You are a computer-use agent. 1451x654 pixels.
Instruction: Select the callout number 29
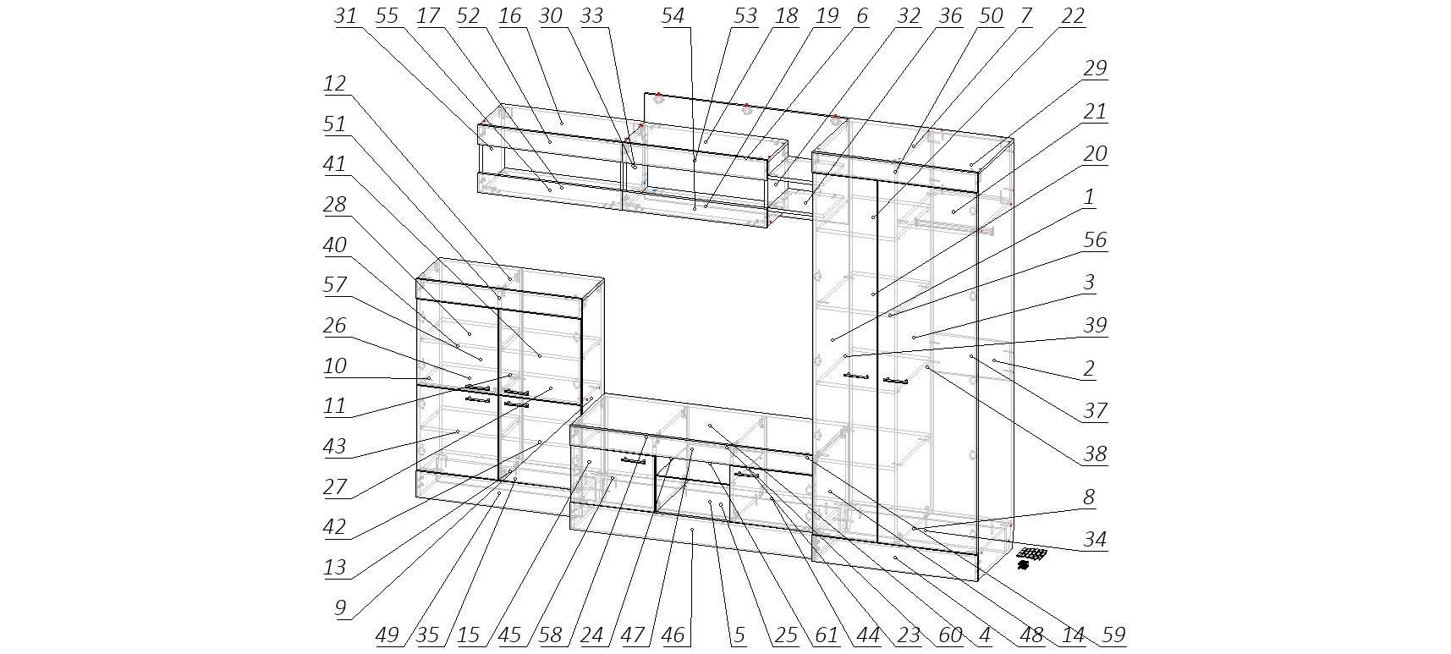[1095, 69]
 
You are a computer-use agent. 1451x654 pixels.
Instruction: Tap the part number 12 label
[335, 84]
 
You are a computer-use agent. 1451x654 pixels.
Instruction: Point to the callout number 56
[1095, 240]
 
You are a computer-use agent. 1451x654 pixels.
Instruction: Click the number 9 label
[340, 608]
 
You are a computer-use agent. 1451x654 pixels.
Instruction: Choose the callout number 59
[1113, 635]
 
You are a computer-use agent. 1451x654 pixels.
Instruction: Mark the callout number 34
[1095, 539]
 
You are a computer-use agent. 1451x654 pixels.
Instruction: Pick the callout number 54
[673, 16]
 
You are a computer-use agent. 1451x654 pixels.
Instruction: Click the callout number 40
[335, 245]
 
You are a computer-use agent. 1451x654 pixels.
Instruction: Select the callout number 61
[826, 635]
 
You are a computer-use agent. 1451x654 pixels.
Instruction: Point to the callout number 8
[1089, 497]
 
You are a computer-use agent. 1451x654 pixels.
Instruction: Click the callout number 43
[335, 446]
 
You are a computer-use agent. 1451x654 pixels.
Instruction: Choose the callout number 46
[673, 635]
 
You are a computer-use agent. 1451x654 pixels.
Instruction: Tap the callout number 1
[1089, 197]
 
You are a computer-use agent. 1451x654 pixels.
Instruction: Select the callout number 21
[1095, 112]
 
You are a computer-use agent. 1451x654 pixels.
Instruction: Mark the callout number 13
[335, 567]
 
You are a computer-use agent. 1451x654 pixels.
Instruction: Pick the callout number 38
[1095, 454]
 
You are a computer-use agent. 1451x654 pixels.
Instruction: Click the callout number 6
[861, 16]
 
